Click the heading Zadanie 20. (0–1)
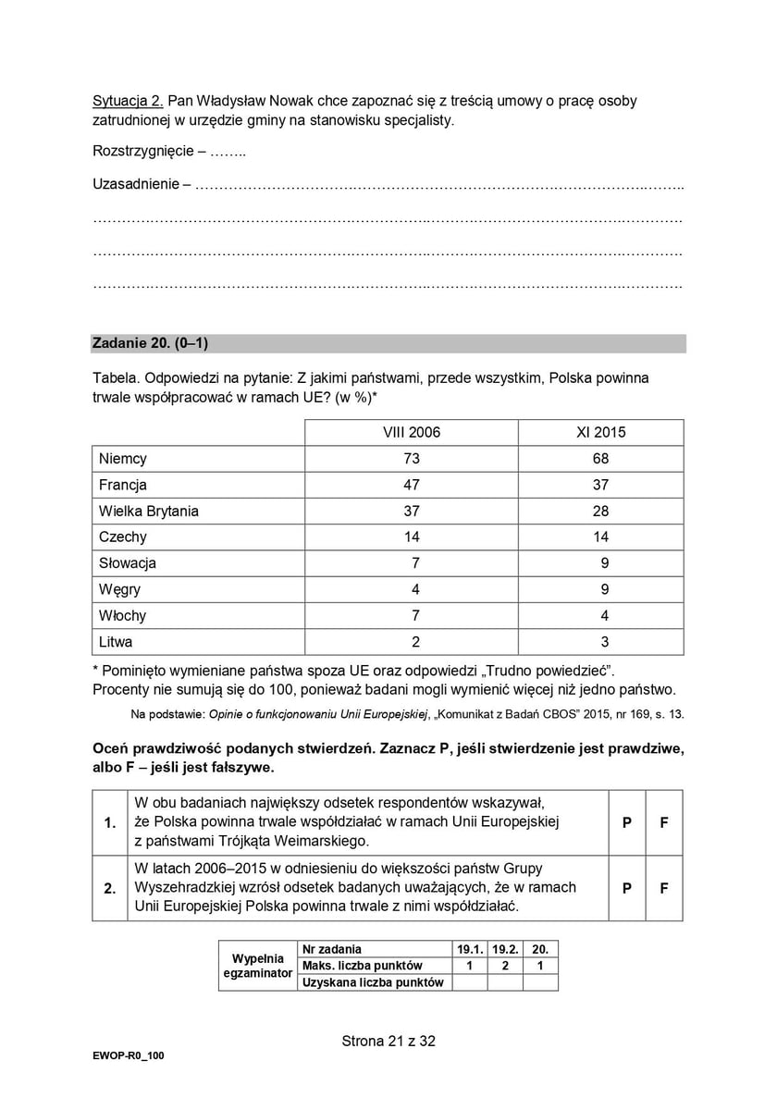coord(150,344)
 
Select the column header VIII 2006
coord(412,432)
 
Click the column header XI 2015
coord(601,432)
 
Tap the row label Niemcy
coord(123,459)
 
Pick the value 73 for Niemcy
coord(412,459)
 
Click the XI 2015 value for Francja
coord(601,485)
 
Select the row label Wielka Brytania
coord(149,511)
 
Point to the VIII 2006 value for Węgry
coord(415,589)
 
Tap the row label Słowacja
coord(128,563)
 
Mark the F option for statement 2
coord(664,888)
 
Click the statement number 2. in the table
coord(110,888)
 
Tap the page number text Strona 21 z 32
coord(388,1041)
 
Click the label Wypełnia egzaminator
coord(258,966)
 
